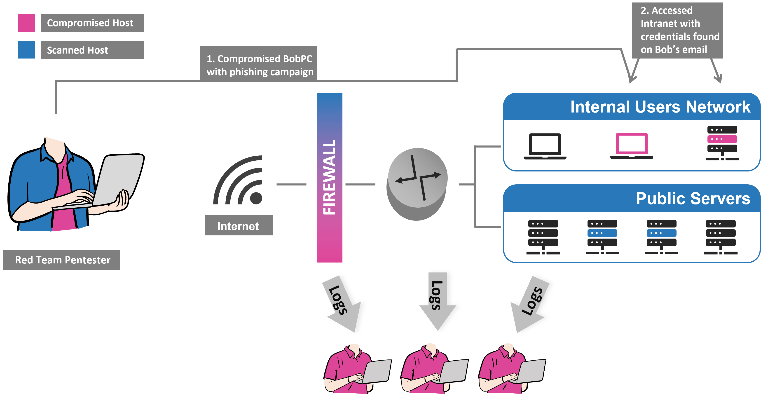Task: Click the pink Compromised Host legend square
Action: (27, 23)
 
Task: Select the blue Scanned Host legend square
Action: (27, 50)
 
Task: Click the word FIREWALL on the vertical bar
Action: (329, 177)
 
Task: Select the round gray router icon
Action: (417, 183)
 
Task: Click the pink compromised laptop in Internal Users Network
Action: (632, 146)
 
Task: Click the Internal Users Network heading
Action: (660, 107)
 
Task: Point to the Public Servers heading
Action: (693, 198)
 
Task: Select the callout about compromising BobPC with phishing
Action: (259, 65)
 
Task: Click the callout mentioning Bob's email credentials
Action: (677, 30)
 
